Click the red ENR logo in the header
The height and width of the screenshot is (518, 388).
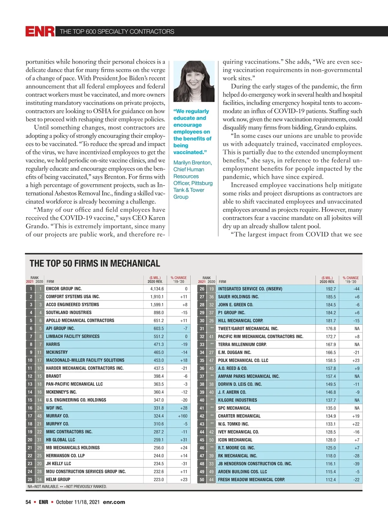[x=40, y=31]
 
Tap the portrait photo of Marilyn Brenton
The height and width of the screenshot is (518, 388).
[x=194, y=81]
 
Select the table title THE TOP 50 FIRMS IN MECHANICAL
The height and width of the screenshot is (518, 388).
[x=95, y=264]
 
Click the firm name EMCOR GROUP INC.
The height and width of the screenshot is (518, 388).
[x=64, y=289]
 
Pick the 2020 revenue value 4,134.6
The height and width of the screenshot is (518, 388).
[x=157, y=289]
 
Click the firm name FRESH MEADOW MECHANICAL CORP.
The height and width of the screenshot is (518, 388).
[x=251, y=479]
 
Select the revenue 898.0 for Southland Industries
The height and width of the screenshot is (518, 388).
[x=159, y=312]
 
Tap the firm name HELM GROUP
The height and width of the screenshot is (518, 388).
[x=58, y=479]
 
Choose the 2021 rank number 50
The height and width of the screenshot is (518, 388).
[x=202, y=479]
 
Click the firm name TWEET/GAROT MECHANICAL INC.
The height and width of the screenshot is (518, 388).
[x=248, y=329]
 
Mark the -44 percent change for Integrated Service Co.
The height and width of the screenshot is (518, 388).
[x=356, y=289]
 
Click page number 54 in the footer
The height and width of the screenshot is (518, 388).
[x=28, y=502]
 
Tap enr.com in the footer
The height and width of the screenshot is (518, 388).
[x=114, y=502]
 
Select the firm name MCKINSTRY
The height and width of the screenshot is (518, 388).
[x=57, y=352]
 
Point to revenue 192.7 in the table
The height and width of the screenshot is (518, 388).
[x=331, y=289]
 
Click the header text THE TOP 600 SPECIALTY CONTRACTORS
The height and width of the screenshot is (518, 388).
[x=117, y=31]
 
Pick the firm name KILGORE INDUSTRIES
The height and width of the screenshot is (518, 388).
[x=237, y=400]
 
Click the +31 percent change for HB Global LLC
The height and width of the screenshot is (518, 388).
[x=184, y=440]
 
